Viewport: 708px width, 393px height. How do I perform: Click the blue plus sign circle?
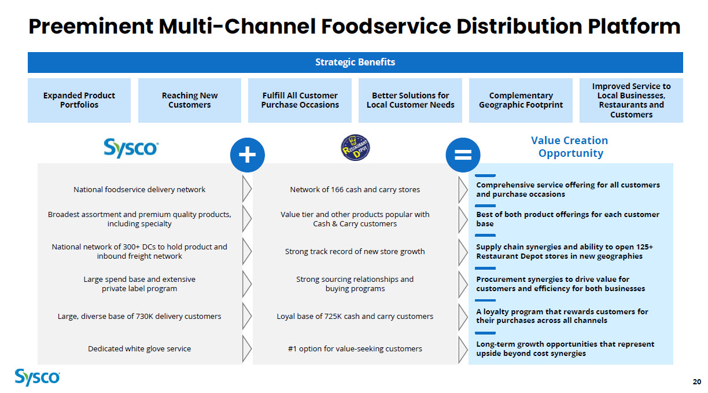pyautogui.click(x=247, y=155)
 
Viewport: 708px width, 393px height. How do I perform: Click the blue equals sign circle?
pyautogui.click(x=463, y=155)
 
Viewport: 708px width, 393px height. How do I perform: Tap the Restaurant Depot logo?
pyautogui.click(x=355, y=148)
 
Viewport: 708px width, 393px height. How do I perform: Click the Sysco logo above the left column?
pyautogui.click(x=131, y=148)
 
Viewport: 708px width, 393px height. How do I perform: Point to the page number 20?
pyautogui.click(x=696, y=381)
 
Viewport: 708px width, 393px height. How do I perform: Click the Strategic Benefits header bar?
pyautogui.click(x=355, y=63)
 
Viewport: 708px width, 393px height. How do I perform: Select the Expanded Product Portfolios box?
pyautogui.click(x=79, y=100)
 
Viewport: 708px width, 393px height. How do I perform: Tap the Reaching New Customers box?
pyautogui.click(x=190, y=100)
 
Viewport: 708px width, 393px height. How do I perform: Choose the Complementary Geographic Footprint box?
pyautogui.click(x=521, y=100)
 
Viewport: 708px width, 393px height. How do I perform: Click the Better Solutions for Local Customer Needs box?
pyautogui.click(x=410, y=100)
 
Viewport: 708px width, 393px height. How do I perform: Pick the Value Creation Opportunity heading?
pyautogui.click(x=570, y=146)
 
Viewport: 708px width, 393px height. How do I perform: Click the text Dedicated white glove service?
pyautogui.click(x=139, y=348)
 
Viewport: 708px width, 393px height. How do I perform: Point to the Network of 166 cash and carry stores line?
pyautogui.click(x=355, y=189)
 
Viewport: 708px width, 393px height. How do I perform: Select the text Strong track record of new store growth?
pyautogui.click(x=355, y=251)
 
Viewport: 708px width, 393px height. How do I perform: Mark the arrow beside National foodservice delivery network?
pyautogui.click(x=247, y=189)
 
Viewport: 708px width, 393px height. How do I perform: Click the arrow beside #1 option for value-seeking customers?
pyautogui.click(x=463, y=348)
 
